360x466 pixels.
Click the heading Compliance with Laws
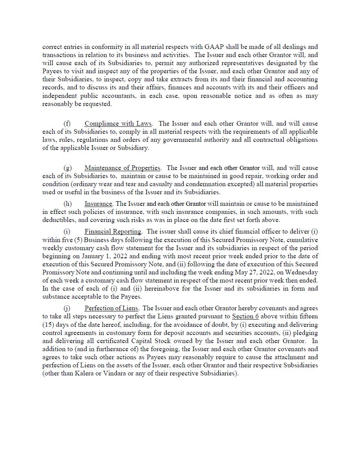(x=118, y=124)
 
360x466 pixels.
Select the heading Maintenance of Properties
(x=122, y=168)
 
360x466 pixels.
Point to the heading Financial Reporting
(x=113, y=232)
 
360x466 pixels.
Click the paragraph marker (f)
(x=67, y=124)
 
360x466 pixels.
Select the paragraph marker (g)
(x=67, y=168)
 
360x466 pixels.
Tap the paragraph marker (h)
(x=67, y=204)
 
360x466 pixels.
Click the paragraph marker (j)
(x=67, y=308)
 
